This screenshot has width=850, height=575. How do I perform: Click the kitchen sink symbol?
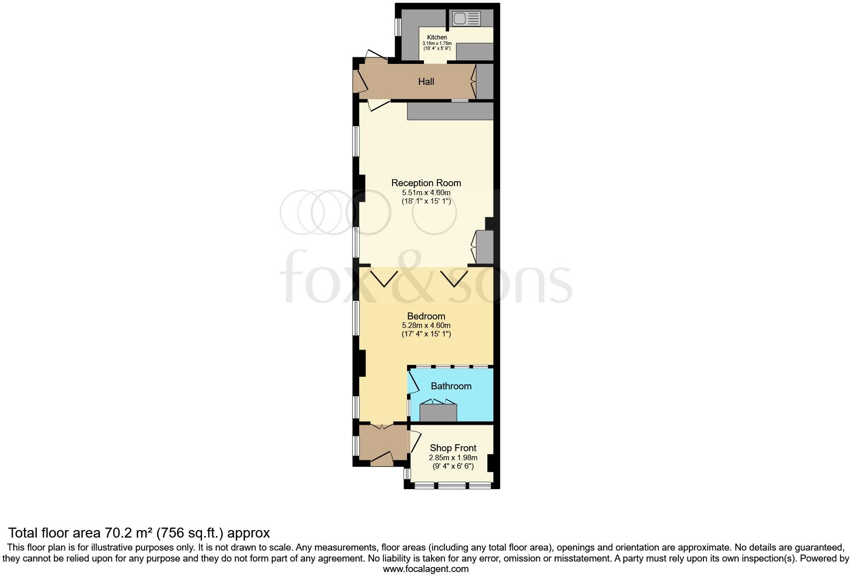click(x=466, y=19)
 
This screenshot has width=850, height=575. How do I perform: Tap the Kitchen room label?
click(x=437, y=37)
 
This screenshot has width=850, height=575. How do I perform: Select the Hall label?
click(x=426, y=81)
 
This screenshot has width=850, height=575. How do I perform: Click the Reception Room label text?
click(x=426, y=183)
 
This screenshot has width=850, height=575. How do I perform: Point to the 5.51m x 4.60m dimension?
click(x=426, y=192)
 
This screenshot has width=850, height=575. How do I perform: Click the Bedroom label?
click(x=426, y=316)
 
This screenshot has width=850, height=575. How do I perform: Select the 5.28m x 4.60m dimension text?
click(x=426, y=325)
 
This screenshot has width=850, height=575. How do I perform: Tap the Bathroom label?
click(x=451, y=386)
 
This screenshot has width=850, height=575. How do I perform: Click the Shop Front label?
click(x=453, y=448)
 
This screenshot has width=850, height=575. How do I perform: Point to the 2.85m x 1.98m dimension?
click(x=453, y=457)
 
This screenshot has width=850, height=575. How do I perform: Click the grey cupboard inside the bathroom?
click(x=438, y=413)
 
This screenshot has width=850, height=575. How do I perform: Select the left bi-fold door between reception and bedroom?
click(x=385, y=278)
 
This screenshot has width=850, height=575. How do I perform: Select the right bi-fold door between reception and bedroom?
click(x=454, y=278)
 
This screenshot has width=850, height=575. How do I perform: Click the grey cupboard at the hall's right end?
click(x=484, y=81)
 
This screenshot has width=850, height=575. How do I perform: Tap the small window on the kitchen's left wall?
click(x=398, y=27)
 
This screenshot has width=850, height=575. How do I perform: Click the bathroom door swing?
click(x=414, y=384)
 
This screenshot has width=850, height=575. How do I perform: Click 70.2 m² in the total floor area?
click(x=129, y=533)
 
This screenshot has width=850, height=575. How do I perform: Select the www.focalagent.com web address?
click(x=425, y=569)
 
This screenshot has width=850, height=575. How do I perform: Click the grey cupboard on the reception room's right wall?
click(x=484, y=247)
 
